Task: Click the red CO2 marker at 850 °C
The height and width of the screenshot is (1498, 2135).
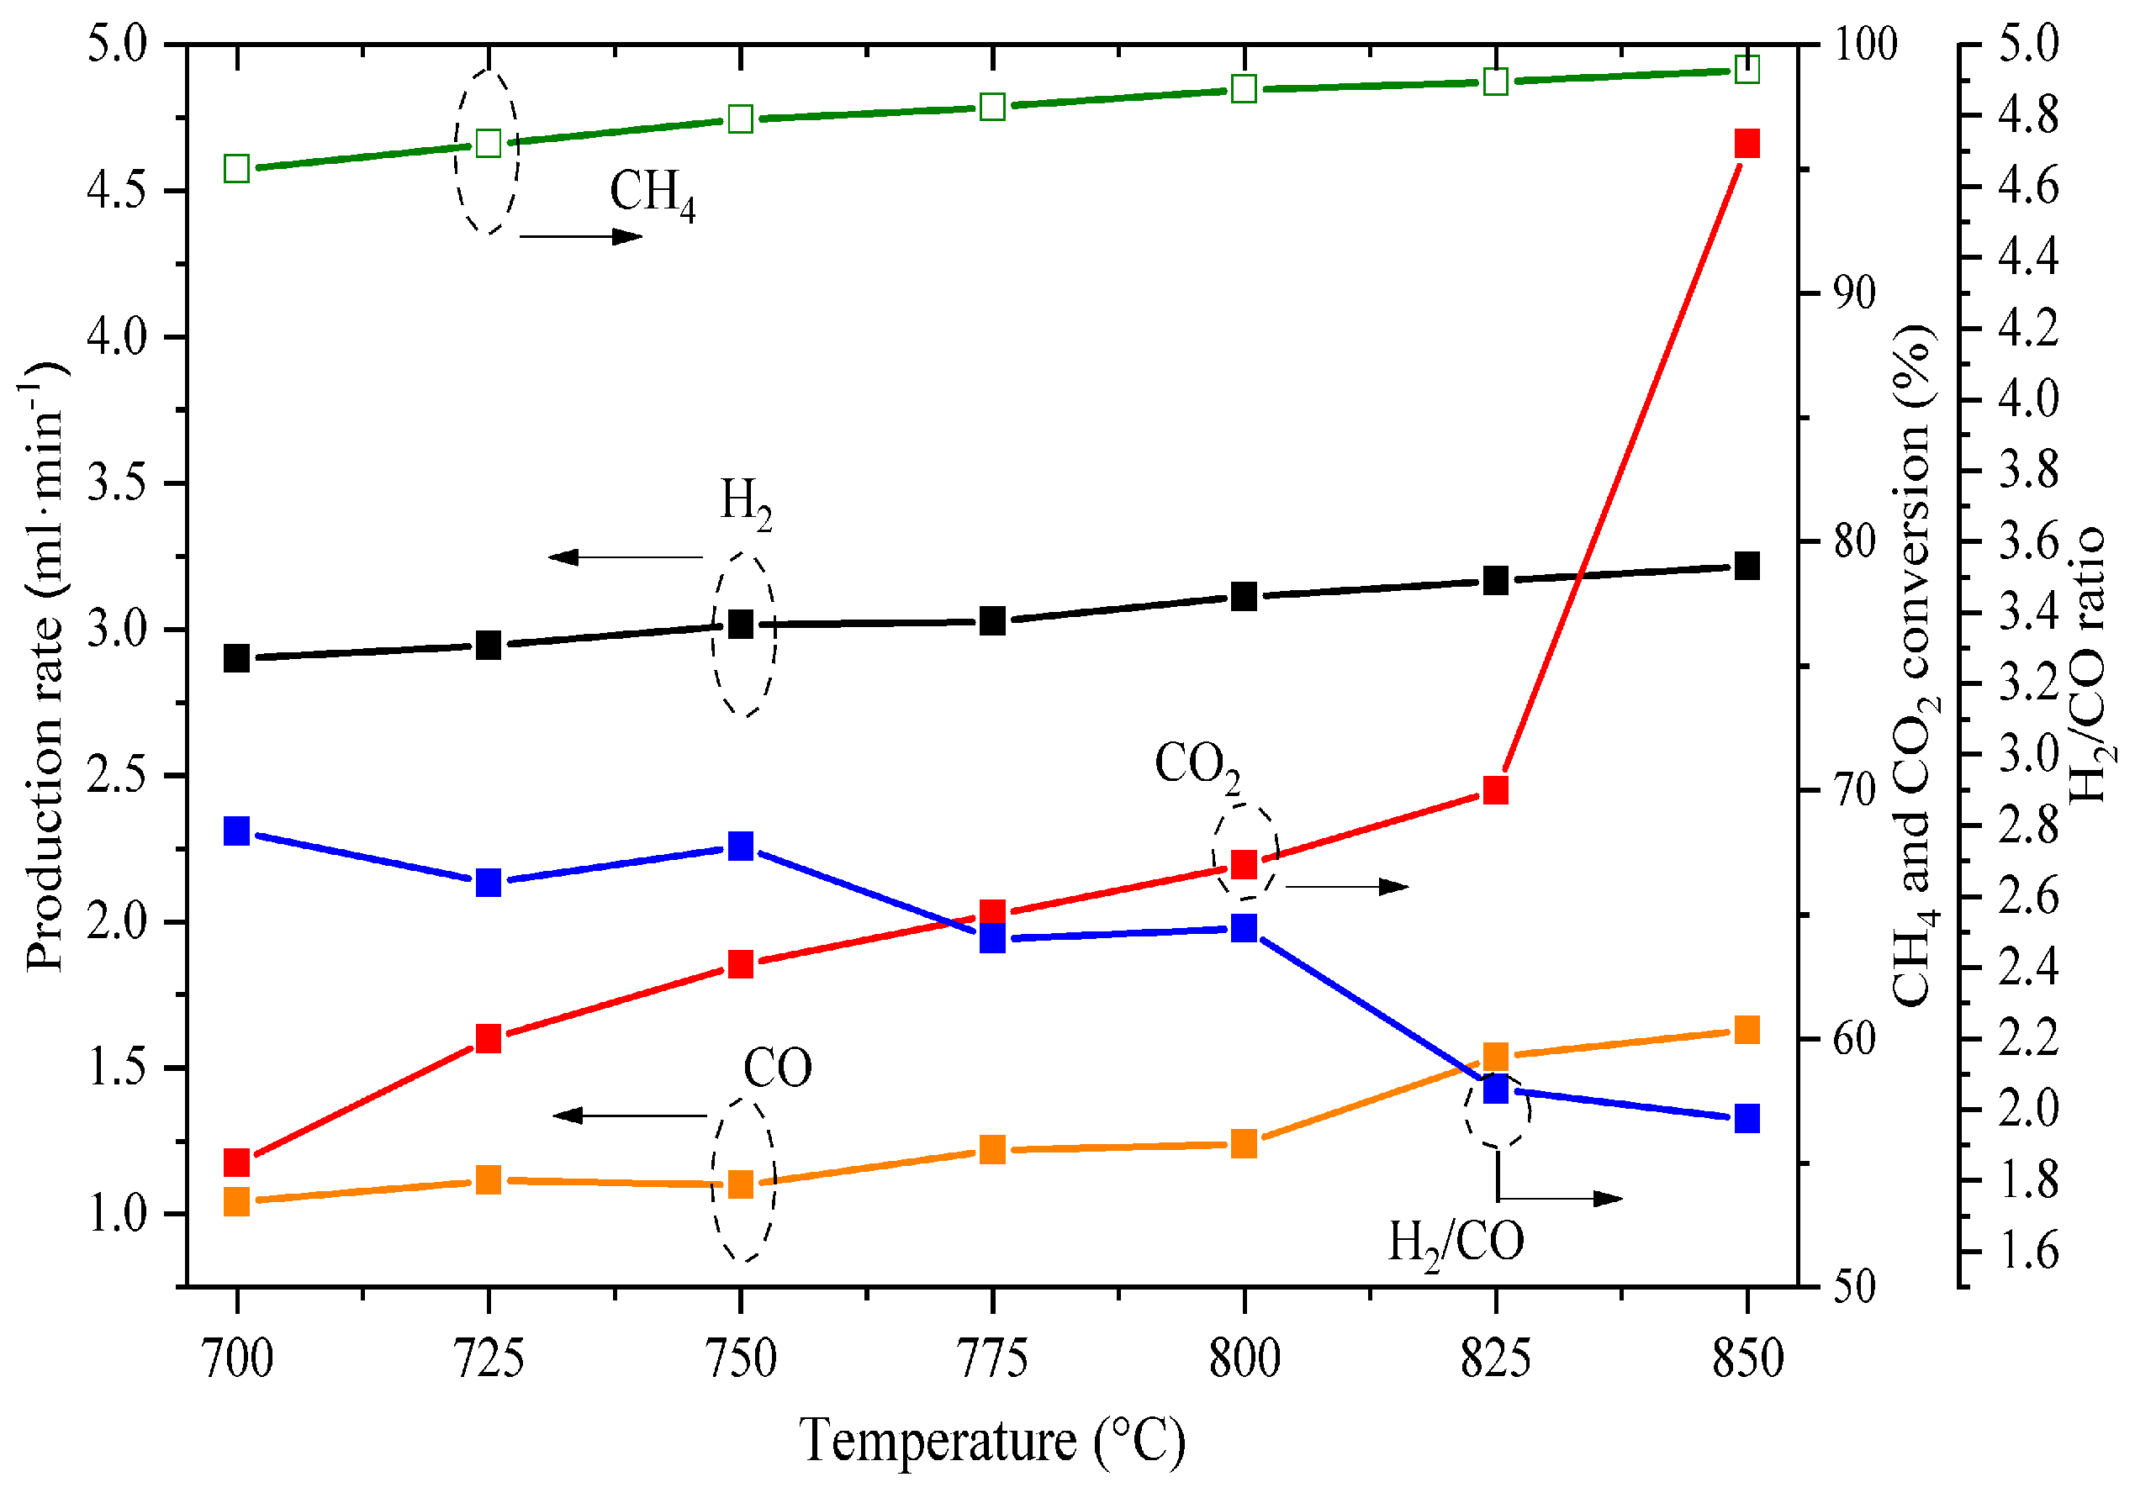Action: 1747,144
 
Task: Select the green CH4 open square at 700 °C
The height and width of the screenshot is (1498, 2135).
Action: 237,169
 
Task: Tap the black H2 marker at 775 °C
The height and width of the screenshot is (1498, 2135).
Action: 992,620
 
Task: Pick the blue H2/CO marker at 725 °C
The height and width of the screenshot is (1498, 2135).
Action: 489,882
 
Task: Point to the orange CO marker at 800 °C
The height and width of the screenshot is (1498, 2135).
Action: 1245,1144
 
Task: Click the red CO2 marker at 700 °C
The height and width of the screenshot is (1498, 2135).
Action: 237,1163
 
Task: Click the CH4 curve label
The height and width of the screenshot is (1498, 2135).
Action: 652,193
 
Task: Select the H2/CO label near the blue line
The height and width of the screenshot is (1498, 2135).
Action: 1456,1243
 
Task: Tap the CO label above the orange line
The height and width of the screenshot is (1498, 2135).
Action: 777,1068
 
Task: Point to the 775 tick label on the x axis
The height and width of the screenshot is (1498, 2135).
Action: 992,1358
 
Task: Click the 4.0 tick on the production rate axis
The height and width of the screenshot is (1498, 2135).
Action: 118,336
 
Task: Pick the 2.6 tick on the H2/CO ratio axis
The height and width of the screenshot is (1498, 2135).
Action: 2028,896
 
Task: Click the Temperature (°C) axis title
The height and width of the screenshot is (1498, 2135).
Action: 992,1442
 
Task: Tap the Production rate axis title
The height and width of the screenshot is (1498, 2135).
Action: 45,666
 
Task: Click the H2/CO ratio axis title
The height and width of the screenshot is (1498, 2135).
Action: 2089,666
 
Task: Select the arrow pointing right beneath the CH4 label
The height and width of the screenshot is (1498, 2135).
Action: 581,236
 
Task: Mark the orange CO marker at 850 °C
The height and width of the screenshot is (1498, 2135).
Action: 1747,1031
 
